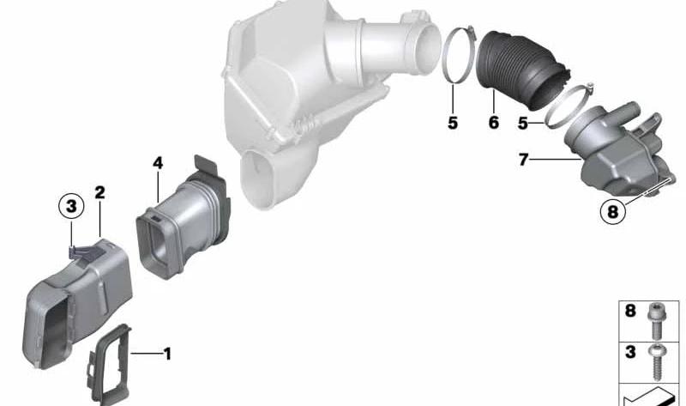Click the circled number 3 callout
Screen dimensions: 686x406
pyautogui.click(x=71, y=206)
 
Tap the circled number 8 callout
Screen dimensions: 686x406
pyautogui.click(x=612, y=212)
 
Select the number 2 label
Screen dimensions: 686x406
pyautogui.click(x=99, y=192)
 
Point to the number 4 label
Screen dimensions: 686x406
pyautogui.click(x=158, y=163)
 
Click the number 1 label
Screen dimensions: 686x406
pyautogui.click(x=167, y=354)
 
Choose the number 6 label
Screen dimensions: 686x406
pyautogui.click(x=494, y=122)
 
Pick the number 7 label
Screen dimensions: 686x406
pyautogui.click(x=523, y=160)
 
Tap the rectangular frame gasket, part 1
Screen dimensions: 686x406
pyautogui.click(x=110, y=364)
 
